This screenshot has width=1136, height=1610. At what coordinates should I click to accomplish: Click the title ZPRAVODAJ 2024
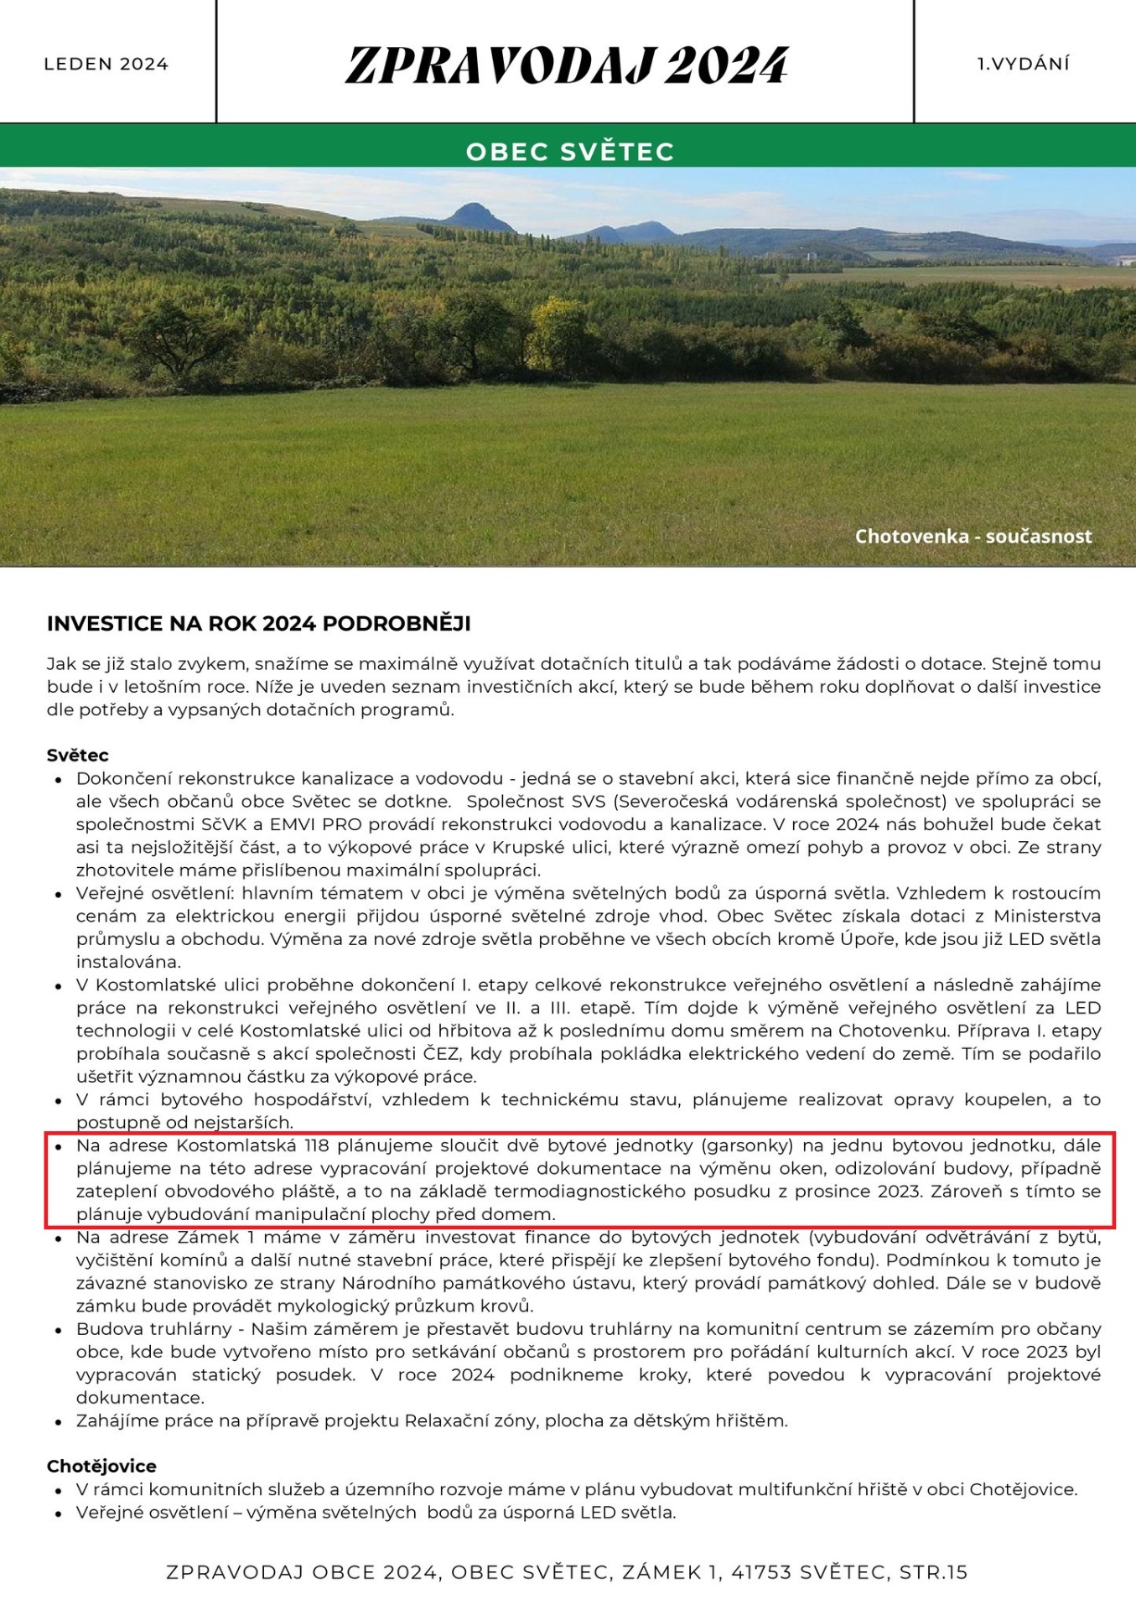point(567,65)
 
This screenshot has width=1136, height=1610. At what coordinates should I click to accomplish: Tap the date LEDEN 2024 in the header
point(106,65)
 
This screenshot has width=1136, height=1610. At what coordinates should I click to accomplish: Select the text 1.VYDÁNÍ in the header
point(1024,64)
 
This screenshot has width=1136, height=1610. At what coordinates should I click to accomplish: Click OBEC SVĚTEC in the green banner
point(570,152)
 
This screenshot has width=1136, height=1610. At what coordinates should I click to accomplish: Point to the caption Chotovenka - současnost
point(973,537)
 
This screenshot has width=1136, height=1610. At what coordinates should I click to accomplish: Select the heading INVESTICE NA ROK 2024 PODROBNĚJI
point(258,624)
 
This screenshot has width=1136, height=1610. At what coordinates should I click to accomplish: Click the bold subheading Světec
point(78,755)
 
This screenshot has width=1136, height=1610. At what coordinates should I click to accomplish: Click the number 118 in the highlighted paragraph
point(317,1145)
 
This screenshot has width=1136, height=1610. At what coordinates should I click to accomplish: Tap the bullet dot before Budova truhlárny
point(59,1331)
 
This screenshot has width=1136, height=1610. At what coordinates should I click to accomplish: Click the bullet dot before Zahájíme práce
point(59,1422)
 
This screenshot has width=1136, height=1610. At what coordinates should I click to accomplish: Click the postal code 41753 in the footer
point(761,1572)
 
